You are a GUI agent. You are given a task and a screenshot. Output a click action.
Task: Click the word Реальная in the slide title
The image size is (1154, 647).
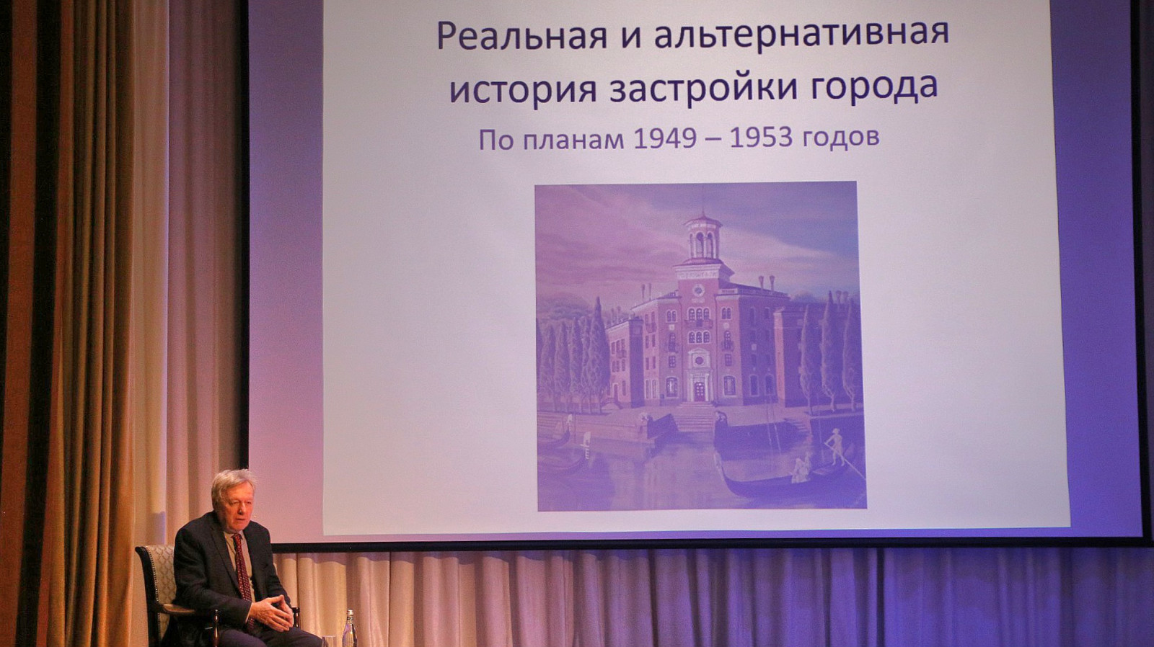[x=522, y=35]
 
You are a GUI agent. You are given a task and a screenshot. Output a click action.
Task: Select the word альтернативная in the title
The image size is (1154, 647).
[x=801, y=34]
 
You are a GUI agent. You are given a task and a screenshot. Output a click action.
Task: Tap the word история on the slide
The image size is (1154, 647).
[x=523, y=89]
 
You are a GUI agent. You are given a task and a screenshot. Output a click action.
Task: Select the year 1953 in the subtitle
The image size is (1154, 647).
[x=761, y=138]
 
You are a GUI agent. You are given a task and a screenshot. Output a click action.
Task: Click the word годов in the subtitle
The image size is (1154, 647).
[x=841, y=138]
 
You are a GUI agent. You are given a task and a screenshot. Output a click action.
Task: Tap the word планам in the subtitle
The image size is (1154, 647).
[x=573, y=140]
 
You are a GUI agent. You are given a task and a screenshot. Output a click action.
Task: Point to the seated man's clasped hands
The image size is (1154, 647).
[x=272, y=612]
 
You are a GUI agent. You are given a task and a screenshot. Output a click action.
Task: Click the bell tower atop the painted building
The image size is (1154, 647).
[x=702, y=238]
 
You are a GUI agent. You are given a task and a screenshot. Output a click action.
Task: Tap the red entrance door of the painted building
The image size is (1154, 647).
[x=699, y=392]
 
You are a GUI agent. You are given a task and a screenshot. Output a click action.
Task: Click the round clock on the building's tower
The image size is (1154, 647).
[x=699, y=290]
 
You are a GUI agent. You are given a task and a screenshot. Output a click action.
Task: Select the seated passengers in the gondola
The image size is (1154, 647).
[x=801, y=469]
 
